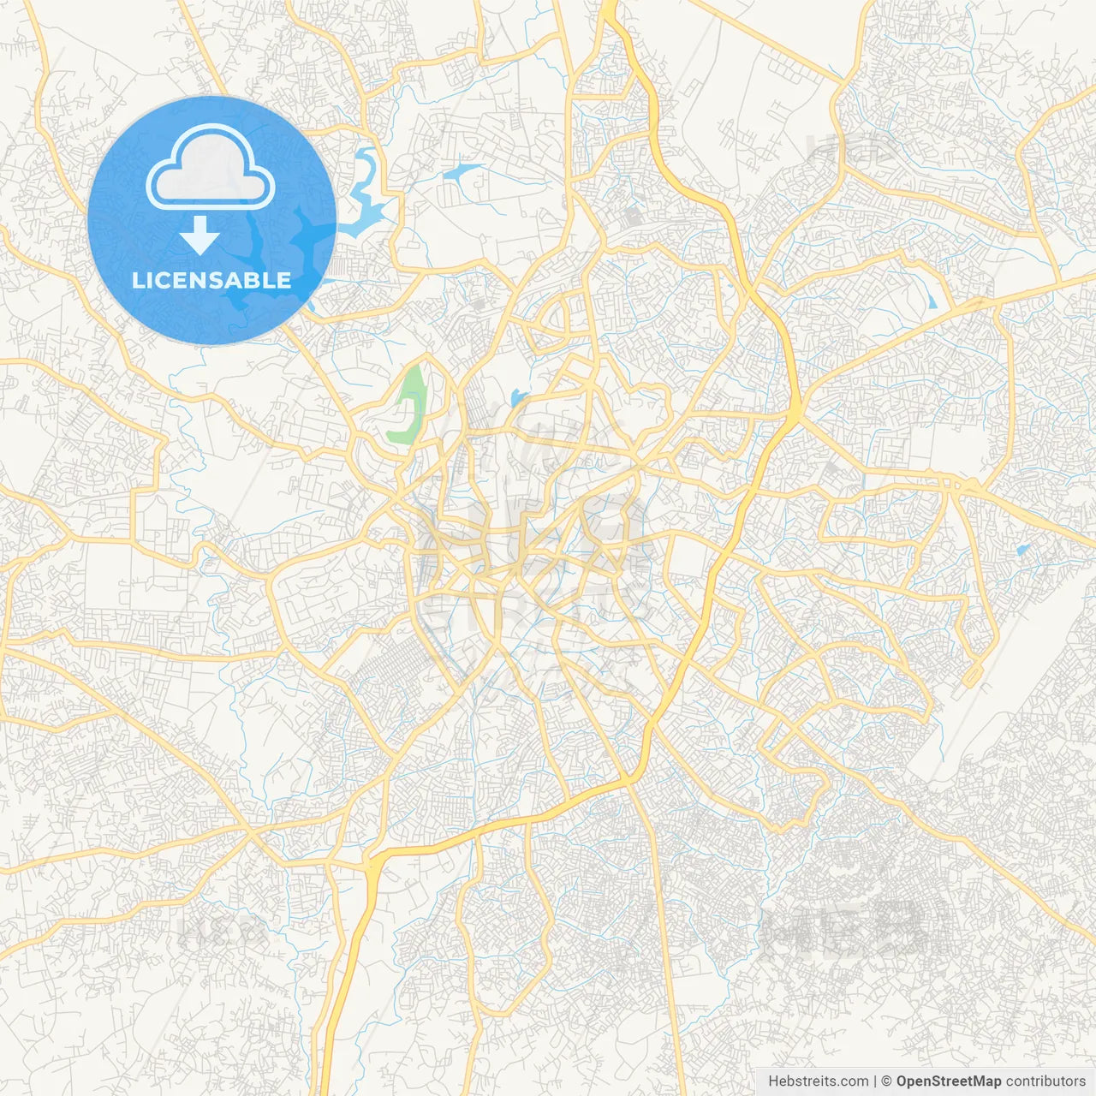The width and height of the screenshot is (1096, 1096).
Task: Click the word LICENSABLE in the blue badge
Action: pos(211,280)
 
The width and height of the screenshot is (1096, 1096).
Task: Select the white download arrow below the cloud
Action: pos(200,235)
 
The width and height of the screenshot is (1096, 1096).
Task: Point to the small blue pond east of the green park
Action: pos(515,397)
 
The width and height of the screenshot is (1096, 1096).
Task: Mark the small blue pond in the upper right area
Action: pos(931,300)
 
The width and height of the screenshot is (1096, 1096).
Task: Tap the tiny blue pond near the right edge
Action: pos(1022,549)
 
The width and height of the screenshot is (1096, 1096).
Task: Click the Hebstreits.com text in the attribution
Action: pos(818,1081)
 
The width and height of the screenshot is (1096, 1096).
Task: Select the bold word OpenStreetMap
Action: pos(949,1081)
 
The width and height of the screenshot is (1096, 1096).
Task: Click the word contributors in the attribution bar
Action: pos(1045,1081)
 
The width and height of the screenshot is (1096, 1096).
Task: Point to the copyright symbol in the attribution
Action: pos(887,1081)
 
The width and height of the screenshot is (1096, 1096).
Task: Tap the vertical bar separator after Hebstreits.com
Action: pos(875,1081)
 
